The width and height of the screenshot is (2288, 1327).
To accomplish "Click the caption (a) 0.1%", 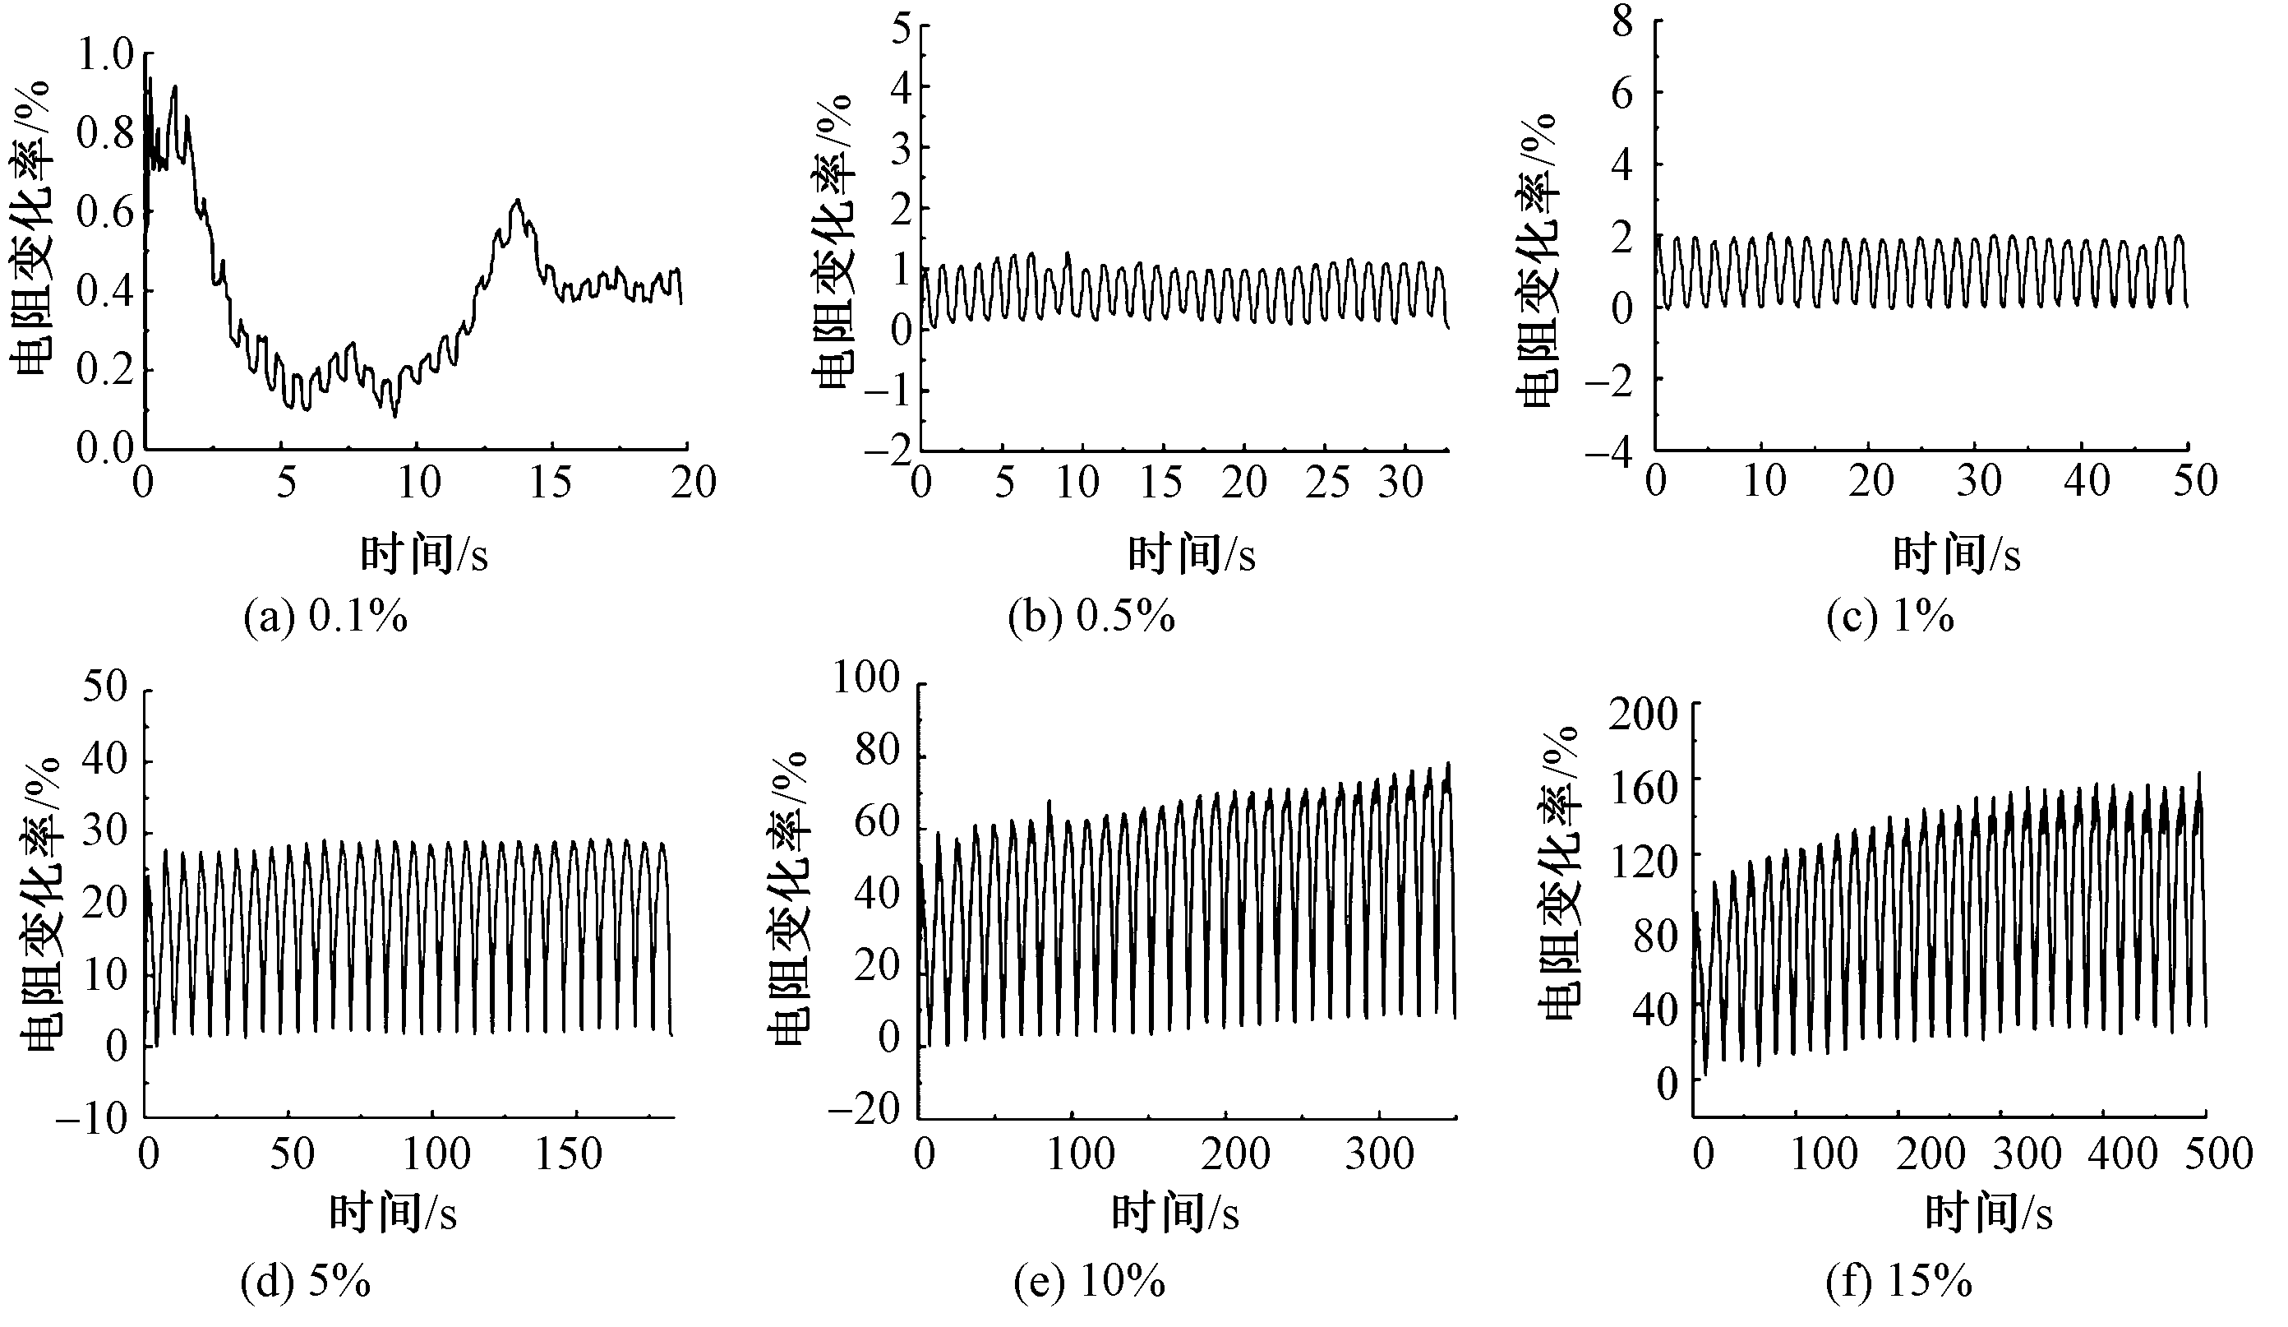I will coord(326,618).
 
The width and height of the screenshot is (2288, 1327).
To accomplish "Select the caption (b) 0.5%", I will coord(1091,618).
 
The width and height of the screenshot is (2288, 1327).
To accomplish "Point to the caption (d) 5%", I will coord(305,1283).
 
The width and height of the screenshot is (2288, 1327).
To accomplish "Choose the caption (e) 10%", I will coord(1090,1283).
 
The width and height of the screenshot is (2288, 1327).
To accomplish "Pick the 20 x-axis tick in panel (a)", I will coord(693,483).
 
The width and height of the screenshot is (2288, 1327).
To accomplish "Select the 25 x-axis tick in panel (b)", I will coord(1326,483).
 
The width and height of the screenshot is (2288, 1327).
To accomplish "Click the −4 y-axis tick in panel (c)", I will coord(1609,451).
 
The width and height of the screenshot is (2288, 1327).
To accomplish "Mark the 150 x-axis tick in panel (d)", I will coord(569,1154).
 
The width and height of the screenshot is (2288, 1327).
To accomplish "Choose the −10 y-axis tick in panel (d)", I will coord(93,1119).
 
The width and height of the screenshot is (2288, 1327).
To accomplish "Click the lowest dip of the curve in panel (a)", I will coord(395,416).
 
